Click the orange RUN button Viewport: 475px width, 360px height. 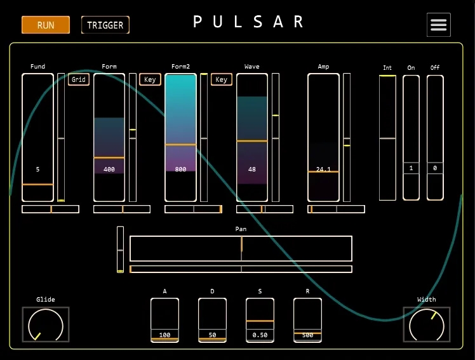point(46,25)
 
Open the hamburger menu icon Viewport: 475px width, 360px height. point(439,25)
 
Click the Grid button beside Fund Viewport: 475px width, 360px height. point(79,79)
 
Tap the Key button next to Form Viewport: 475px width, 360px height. point(150,79)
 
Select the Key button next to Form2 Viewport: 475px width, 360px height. point(222,79)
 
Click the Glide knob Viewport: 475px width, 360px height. point(46,324)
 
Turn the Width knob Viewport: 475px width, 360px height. point(427,324)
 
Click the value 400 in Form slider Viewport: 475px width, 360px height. point(109,170)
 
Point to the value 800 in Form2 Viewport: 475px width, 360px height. point(180,170)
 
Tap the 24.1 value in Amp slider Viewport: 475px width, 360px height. point(323,170)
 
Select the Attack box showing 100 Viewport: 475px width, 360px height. point(165,321)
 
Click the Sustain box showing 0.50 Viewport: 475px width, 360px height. point(260,321)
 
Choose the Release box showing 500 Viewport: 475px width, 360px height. point(307,321)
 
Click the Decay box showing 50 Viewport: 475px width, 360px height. point(212,321)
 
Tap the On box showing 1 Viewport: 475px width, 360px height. point(411,168)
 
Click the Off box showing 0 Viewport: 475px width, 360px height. point(435,168)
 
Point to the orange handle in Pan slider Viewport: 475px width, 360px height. point(242,244)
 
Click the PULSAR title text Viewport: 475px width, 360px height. point(248,22)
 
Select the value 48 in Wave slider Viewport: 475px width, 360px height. point(252,170)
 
